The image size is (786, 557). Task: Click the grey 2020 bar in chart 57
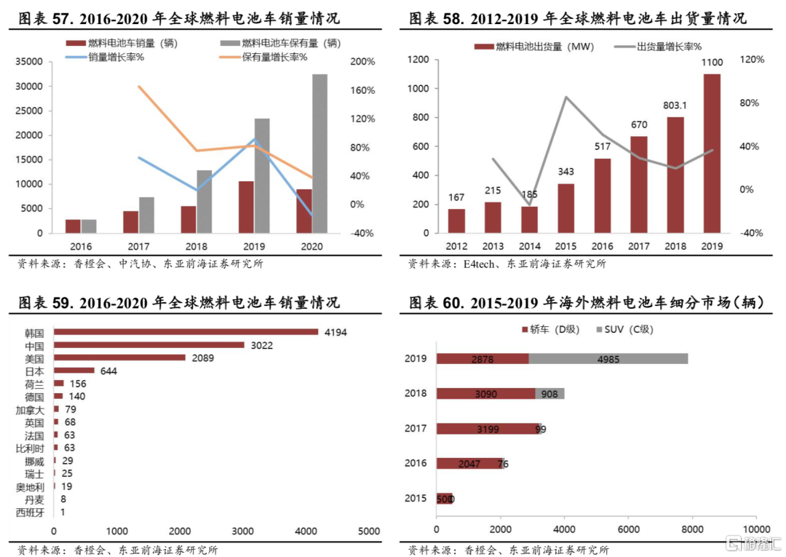319,154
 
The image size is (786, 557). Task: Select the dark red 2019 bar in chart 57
246,207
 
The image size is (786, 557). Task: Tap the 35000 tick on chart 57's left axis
29,63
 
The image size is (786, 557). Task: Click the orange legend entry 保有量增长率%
274,57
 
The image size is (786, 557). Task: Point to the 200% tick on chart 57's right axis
362,63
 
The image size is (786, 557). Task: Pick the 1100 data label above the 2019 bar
712,63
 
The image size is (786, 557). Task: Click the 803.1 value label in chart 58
675,105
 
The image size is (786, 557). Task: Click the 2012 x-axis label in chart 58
456,245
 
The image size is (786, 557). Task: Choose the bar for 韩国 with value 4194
186,332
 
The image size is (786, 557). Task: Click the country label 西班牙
30,513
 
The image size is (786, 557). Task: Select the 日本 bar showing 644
74,371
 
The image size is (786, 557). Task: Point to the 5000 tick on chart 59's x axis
368,530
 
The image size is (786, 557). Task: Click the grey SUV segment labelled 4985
608,358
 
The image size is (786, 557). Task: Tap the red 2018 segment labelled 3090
485,393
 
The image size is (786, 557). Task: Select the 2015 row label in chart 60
416,499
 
